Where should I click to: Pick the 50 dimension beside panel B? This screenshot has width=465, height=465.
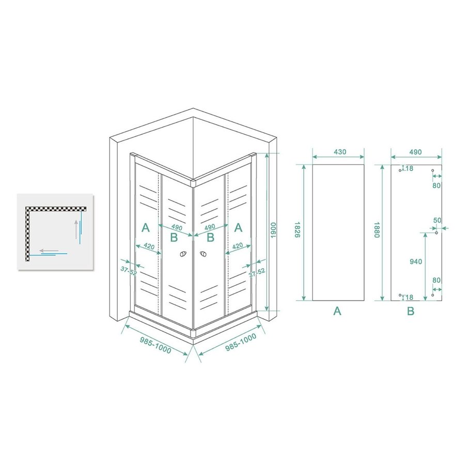[437, 221]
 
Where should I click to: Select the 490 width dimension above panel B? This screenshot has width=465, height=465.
[415, 152]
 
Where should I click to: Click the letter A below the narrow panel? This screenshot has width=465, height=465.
[337, 311]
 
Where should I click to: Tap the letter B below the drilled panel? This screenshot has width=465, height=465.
[410, 311]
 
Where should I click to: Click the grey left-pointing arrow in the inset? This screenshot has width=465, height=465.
[50, 251]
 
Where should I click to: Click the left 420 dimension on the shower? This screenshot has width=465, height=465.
[148, 246]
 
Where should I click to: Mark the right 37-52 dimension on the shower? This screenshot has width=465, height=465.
[257, 273]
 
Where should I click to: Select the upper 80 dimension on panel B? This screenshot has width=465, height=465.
[437, 185]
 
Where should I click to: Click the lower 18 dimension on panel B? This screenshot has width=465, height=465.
[409, 297]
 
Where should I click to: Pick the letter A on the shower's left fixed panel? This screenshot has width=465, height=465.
[145, 227]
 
